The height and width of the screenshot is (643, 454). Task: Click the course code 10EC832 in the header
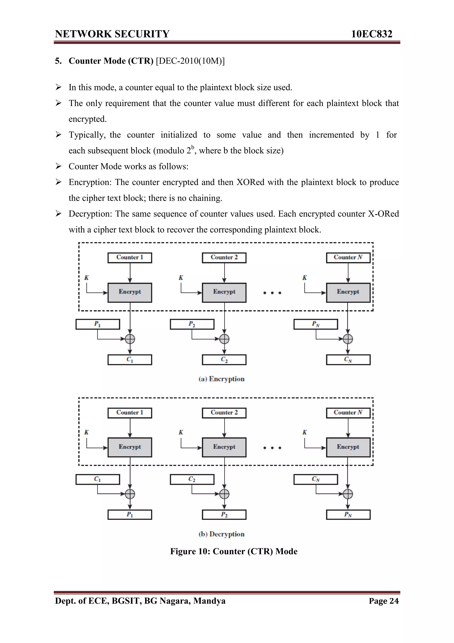[x=372, y=34]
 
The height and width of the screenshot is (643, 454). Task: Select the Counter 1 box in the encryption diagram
[x=130, y=258]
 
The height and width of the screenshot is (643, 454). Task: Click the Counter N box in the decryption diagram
[x=348, y=413]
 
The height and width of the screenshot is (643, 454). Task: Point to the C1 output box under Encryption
[x=130, y=360]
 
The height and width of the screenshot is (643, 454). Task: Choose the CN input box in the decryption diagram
[x=315, y=479]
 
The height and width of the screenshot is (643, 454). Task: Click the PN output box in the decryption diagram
[x=348, y=515]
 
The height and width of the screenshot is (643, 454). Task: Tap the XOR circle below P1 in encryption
[x=130, y=339]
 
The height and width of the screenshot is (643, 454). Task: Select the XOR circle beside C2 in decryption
[x=224, y=494]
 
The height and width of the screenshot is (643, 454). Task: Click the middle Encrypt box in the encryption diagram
[x=224, y=292]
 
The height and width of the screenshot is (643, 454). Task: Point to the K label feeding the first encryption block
[x=86, y=278]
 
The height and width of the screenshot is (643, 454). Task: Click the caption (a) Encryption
[x=221, y=379]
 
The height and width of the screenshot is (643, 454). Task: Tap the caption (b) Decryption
[x=221, y=534]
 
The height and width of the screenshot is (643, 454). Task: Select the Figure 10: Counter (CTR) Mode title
[x=234, y=551]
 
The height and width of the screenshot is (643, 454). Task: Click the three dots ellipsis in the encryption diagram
[x=272, y=293]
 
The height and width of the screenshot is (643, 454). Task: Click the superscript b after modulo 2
[x=193, y=147]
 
